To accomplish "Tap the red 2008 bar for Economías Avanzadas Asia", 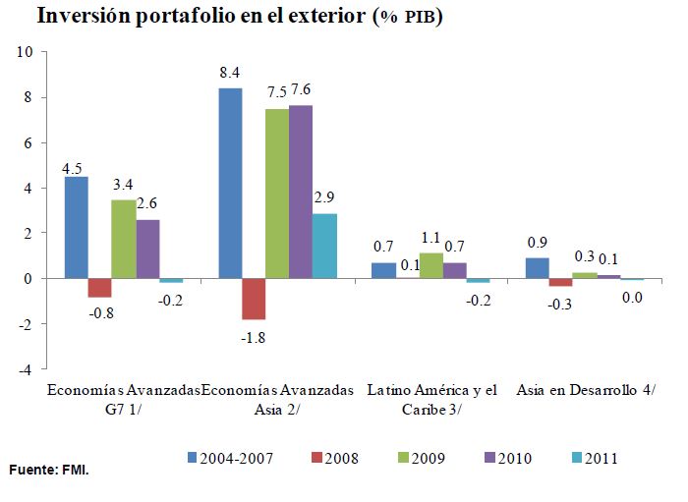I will click(x=254, y=299).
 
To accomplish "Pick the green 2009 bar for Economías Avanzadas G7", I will click(x=123, y=240).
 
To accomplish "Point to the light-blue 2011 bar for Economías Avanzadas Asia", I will click(x=324, y=246).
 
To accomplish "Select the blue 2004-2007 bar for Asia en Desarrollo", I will click(x=538, y=268).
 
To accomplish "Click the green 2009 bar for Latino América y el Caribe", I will click(x=430, y=266).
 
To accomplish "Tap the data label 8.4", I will click(x=231, y=72).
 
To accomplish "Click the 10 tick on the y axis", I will click(x=27, y=52).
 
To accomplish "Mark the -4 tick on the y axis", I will click(x=27, y=370).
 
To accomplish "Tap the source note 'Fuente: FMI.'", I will click(x=49, y=471).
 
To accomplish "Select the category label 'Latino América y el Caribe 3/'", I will click(x=432, y=399).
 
